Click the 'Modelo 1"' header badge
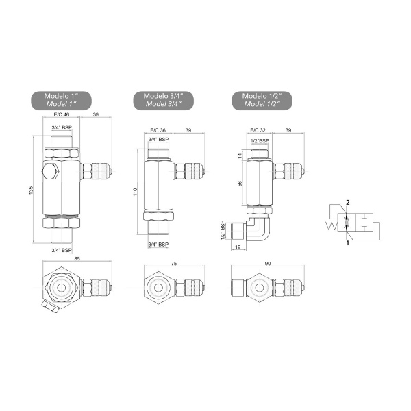click(x=62, y=101)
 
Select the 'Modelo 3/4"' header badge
click(x=164, y=101)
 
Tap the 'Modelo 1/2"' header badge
click(x=262, y=101)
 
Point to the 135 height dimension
click(x=32, y=190)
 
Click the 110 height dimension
click(x=135, y=192)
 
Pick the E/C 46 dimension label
click(x=62, y=114)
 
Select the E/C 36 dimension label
click(x=158, y=130)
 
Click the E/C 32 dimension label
click(x=258, y=130)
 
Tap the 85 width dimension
click(x=77, y=259)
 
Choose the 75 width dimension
click(x=174, y=264)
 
